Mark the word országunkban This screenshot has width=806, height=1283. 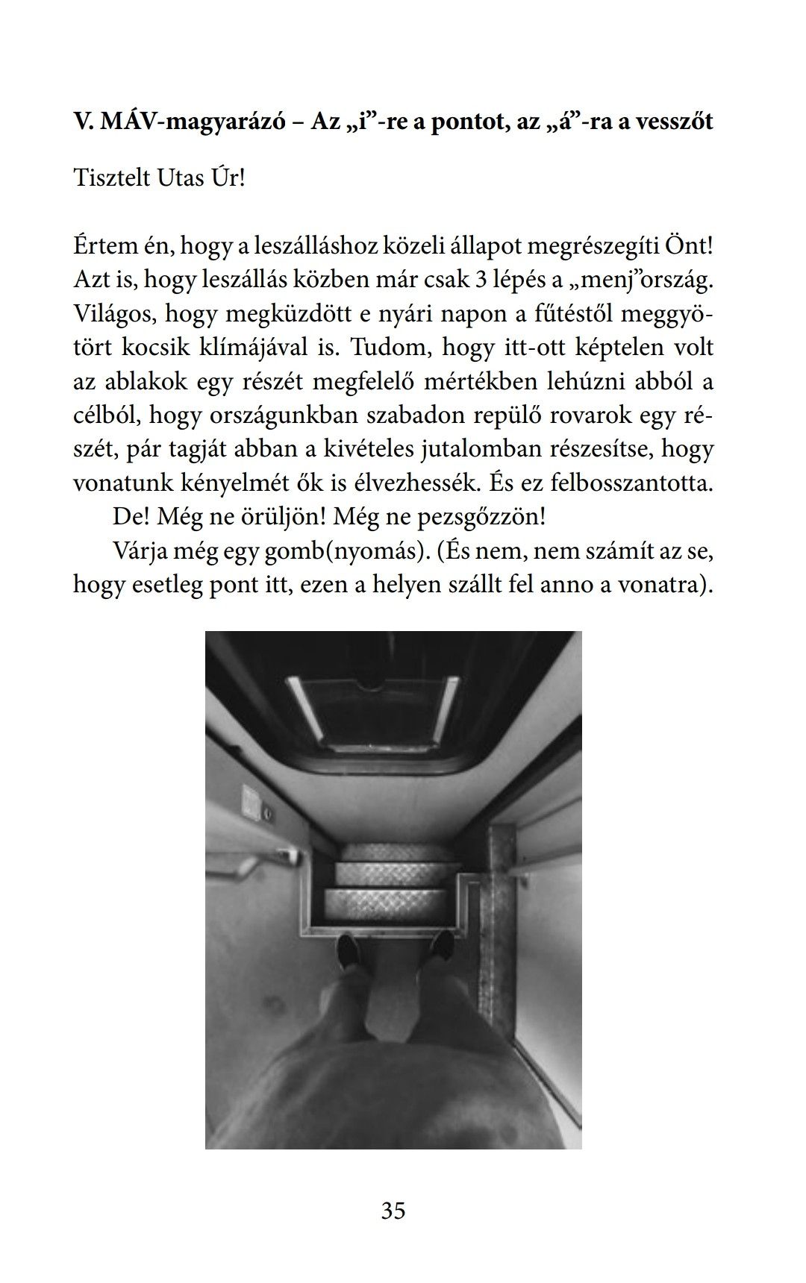click(x=283, y=415)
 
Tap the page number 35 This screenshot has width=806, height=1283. click(x=393, y=1210)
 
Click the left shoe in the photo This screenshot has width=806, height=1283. click(x=347, y=950)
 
